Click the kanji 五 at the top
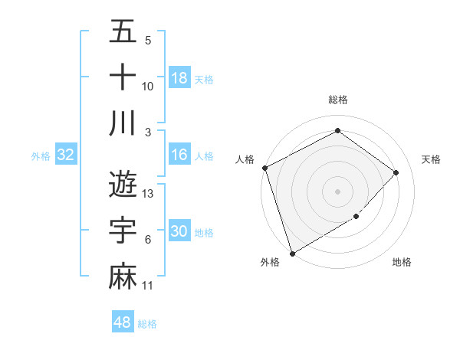[x=123, y=33]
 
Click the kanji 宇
[x=123, y=231]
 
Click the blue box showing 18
[x=179, y=78]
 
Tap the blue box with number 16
[x=179, y=155]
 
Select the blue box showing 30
[x=179, y=231]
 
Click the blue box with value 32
[x=65, y=155]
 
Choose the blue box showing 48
[x=123, y=322]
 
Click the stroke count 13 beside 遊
[x=149, y=194]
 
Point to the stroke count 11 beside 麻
[x=148, y=286]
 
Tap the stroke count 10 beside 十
[x=148, y=87]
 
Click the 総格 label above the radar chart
[x=337, y=100]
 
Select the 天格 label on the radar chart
[x=431, y=159]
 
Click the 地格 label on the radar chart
[x=402, y=262]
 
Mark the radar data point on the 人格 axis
[x=264, y=168]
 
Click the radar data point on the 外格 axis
[x=292, y=253]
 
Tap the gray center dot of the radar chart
[x=337, y=191]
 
